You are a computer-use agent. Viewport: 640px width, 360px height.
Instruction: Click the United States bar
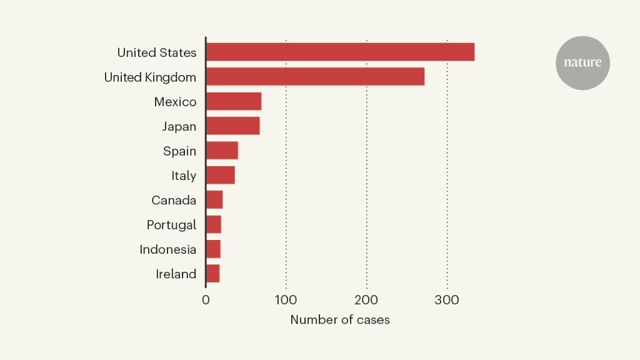pyautogui.click(x=340, y=52)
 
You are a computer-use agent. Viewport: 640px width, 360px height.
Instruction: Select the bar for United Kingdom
pyautogui.click(x=315, y=76)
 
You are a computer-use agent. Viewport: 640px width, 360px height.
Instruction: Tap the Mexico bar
pyautogui.click(x=233, y=101)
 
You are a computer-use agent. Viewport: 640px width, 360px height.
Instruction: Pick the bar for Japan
pyautogui.click(x=232, y=126)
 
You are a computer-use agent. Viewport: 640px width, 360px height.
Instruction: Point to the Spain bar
pyautogui.click(x=222, y=151)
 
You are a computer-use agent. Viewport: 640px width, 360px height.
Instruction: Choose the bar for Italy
pyautogui.click(x=220, y=175)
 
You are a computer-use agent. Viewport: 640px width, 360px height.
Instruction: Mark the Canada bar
pyautogui.click(x=214, y=200)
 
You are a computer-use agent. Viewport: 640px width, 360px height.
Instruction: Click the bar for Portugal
pyautogui.click(x=214, y=224)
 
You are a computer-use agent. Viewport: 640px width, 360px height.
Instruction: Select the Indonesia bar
pyautogui.click(x=213, y=249)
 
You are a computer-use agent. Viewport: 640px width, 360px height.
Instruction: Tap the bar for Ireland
pyautogui.click(x=212, y=274)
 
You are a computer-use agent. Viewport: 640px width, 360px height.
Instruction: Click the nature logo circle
pyautogui.click(x=582, y=62)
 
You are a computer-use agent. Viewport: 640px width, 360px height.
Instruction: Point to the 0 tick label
pyautogui.click(x=206, y=300)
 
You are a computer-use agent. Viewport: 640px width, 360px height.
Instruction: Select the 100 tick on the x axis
pyautogui.click(x=286, y=300)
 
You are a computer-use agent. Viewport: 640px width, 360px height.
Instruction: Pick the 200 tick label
pyautogui.click(x=366, y=300)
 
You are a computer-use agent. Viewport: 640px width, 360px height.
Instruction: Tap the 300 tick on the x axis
pyautogui.click(x=447, y=300)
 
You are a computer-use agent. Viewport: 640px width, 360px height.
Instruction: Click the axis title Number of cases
pyautogui.click(x=340, y=320)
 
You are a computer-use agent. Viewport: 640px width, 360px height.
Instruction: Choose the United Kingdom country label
pyautogui.click(x=150, y=77)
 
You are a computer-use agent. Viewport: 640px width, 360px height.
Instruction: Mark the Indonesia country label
pyautogui.click(x=167, y=249)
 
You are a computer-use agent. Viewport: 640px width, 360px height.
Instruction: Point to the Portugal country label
pyautogui.click(x=171, y=225)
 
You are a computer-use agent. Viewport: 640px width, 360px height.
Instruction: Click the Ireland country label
pyautogui.click(x=176, y=274)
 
